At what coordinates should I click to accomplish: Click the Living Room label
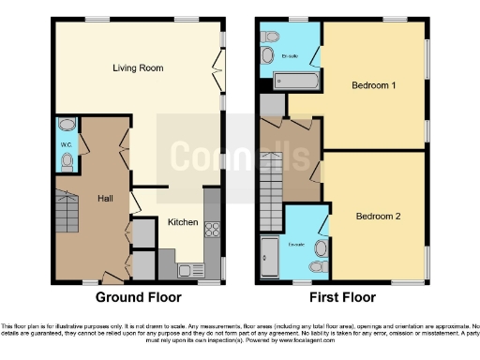coord(138,67)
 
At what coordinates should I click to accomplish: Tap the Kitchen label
coord(182,222)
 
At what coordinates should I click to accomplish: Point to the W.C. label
coord(67,144)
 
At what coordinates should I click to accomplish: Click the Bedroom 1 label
coord(373,85)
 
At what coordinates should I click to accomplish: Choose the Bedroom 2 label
coord(378,216)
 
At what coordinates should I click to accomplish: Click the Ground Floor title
coord(139,297)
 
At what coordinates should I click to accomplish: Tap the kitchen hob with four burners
coord(211,230)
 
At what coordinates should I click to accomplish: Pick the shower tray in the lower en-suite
coord(269,259)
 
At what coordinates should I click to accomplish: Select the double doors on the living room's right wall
coord(218,67)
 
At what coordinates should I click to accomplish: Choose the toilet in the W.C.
coord(67,160)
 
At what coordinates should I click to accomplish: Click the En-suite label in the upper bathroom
coord(291,56)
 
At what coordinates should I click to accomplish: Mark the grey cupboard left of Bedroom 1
coord(271,105)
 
